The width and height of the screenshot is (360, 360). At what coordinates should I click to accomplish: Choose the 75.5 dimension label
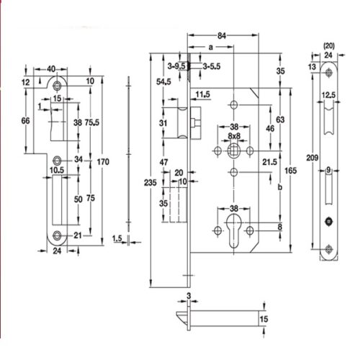(x=91, y=123)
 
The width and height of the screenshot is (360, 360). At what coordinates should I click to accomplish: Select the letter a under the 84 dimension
(x=210, y=48)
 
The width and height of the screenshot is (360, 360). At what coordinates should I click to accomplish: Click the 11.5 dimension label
(x=202, y=95)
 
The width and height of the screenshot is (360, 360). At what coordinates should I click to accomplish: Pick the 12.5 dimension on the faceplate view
(x=328, y=96)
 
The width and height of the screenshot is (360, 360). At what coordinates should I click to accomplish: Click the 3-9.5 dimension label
(x=175, y=65)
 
